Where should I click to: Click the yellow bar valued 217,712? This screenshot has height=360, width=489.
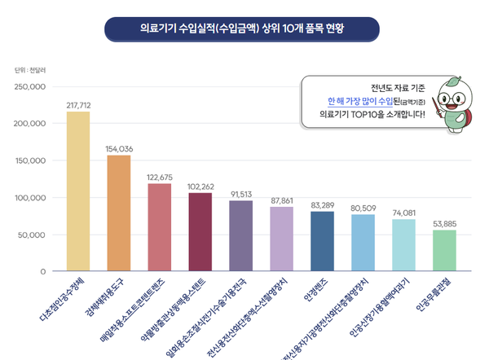(78, 191)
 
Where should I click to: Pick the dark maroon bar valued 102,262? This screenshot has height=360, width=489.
(200, 232)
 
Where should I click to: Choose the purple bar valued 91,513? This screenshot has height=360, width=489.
(240, 236)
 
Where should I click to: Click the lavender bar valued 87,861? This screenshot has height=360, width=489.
(281, 239)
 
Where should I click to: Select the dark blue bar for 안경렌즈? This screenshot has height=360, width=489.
(322, 240)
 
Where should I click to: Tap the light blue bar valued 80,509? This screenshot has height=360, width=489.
(363, 243)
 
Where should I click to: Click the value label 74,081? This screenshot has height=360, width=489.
(403, 213)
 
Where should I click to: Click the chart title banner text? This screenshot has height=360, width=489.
(243, 27)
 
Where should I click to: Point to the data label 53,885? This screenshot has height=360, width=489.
(444, 223)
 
